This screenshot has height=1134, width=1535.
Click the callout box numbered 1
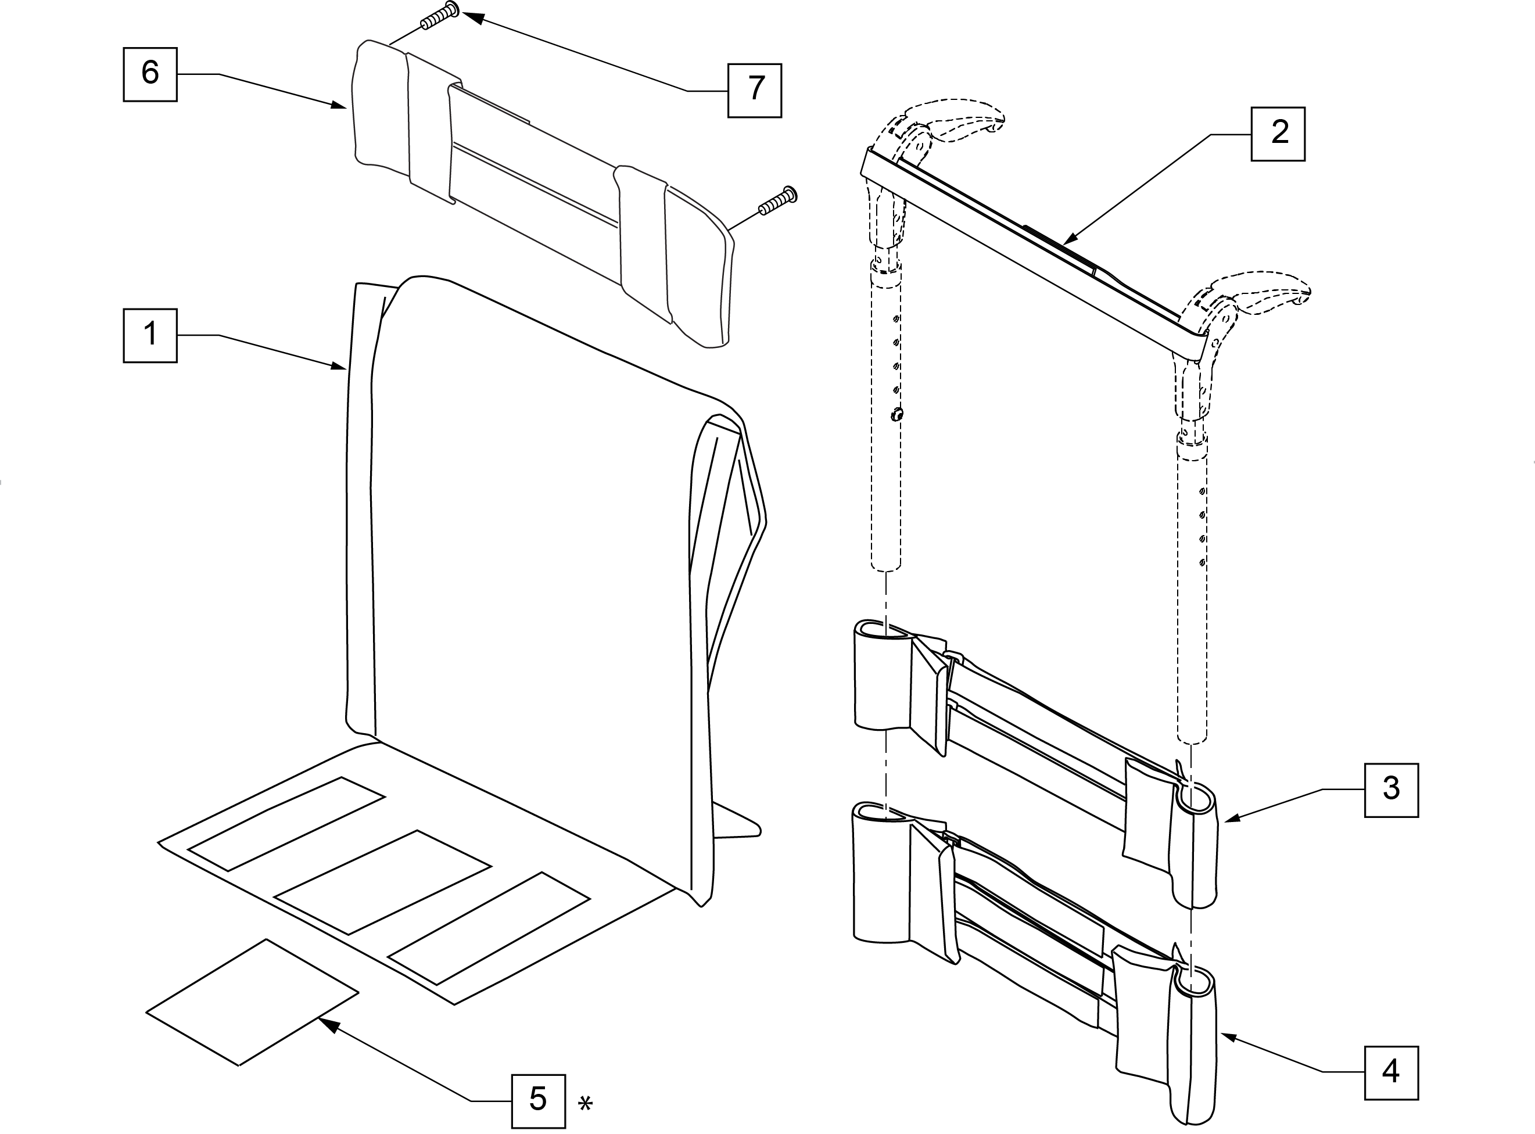coord(150,336)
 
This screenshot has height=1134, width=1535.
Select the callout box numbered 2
coord(1278,134)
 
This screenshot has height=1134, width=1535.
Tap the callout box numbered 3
coord(1391,790)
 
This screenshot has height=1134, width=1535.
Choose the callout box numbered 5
coord(538,1101)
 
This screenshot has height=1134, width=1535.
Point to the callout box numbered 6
coord(150,74)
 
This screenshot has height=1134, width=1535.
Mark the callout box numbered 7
coord(755,90)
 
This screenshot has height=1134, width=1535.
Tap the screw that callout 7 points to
coord(439,16)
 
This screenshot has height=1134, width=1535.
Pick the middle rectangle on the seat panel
coord(382,882)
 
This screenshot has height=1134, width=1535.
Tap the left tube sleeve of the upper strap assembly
coord(881,676)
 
